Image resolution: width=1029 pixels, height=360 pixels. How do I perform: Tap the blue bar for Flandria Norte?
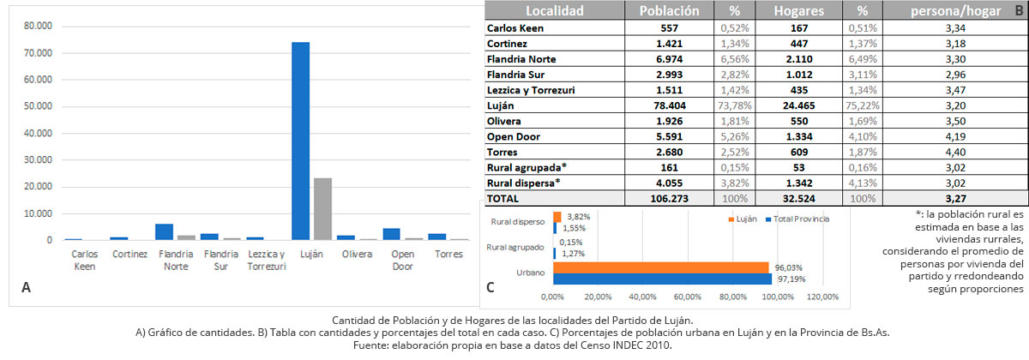tap(164, 231)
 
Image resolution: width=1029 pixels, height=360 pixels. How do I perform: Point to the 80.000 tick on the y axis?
tap(39, 27)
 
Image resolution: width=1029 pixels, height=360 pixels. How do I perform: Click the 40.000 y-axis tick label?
tap(39, 133)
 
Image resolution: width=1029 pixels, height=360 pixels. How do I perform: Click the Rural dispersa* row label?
tap(523, 183)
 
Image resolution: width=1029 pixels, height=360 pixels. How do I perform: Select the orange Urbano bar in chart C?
tap(660, 267)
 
